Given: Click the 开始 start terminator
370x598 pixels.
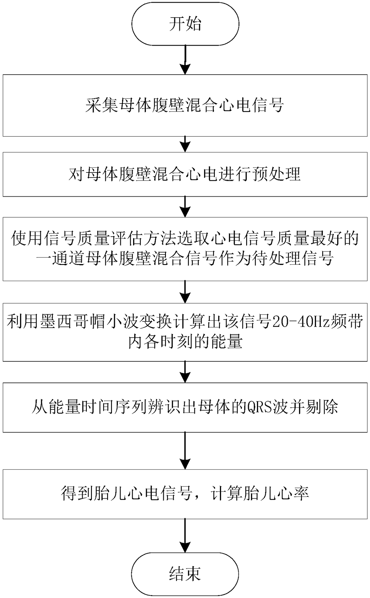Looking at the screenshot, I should (185, 24).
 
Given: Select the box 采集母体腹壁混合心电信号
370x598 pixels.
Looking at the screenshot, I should (185, 105).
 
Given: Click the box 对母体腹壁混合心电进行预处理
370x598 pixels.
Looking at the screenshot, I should (185, 174).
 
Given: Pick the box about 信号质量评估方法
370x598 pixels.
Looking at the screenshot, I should (185, 249).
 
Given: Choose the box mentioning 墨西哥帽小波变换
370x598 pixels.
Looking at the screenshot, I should (185, 332).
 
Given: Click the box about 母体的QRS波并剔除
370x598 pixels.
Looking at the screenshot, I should (185, 407).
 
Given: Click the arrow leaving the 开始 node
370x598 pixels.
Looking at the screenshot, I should (185, 60).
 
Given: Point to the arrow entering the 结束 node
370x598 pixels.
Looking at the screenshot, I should (185, 536).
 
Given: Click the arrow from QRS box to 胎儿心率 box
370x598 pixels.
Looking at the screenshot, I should (185, 451).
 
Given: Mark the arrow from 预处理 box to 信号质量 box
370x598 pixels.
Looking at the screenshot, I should (185, 207).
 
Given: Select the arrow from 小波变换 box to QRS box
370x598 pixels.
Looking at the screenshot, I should (185, 372).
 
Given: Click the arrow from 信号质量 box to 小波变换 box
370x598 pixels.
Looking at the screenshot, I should (185, 292).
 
